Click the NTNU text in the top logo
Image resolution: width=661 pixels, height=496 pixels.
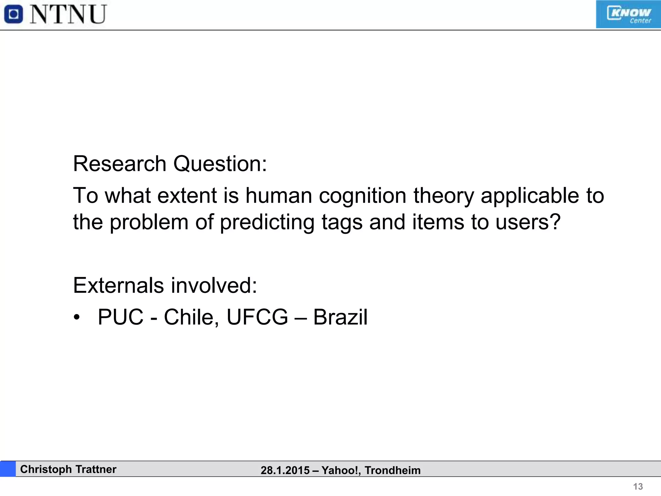click(x=68, y=15)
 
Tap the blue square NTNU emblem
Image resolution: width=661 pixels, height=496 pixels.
click(x=14, y=15)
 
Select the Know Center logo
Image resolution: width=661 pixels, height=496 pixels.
click(x=628, y=15)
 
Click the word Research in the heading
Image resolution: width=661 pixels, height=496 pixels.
click(x=119, y=164)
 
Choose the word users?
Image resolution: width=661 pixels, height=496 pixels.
click(x=528, y=222)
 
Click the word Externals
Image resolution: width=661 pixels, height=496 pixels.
click(x=118, y=285)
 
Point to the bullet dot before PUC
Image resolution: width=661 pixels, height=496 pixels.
click(x=76, y=317)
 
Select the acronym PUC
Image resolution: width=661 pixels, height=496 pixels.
click(x=120, y=317)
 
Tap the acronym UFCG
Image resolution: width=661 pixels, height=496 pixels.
click(x=257, y=317)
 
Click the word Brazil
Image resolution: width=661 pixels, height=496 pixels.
click(x=340, y=317)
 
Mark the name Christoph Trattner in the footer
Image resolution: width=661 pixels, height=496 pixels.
click(x=68, y=469)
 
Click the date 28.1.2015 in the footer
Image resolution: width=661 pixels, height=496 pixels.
click(x=285, y=470)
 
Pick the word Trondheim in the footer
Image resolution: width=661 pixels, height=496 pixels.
click(x=392, y=470)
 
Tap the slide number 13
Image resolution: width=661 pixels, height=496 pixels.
click(x=638, y=487)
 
